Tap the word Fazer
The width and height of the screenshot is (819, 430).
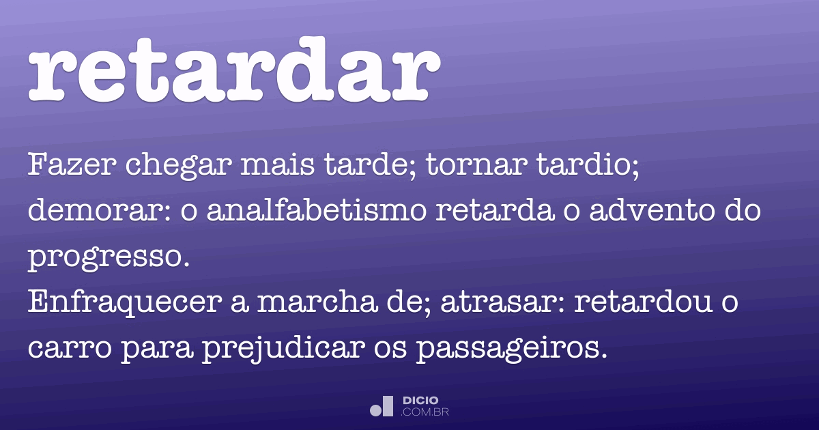tap(61, 167)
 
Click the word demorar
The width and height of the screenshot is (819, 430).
tap(94, 212)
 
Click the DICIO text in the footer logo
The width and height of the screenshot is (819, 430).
tap(420, 400)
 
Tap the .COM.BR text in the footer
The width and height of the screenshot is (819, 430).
tap(425, 412)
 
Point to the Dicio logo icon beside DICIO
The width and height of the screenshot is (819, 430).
tap(382, 406)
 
